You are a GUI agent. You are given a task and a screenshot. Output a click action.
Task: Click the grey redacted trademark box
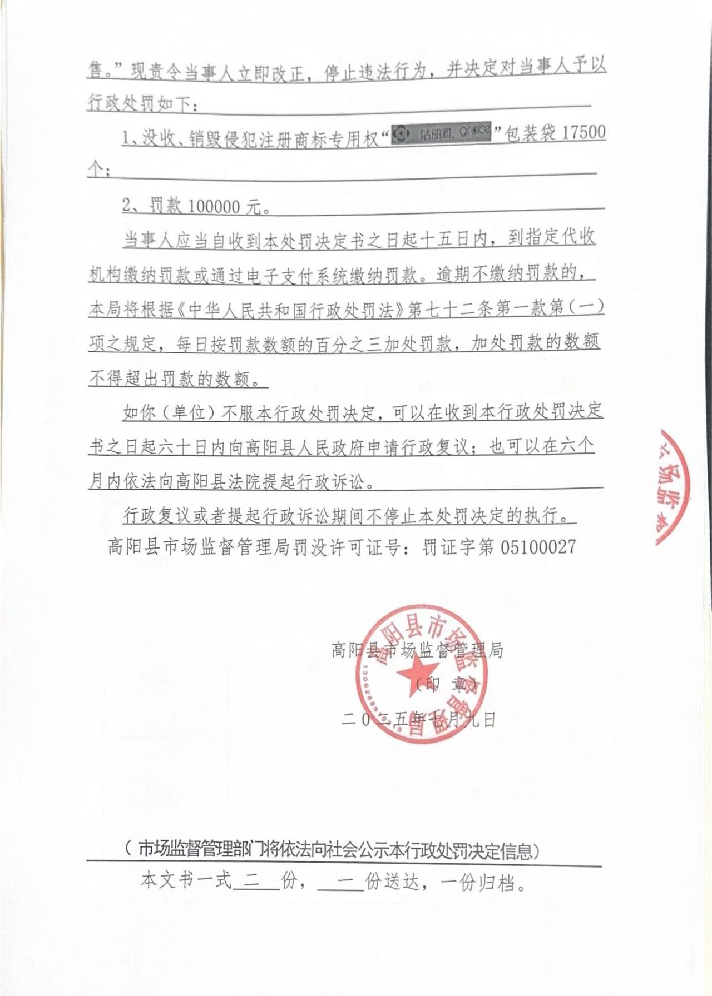click(441, 134)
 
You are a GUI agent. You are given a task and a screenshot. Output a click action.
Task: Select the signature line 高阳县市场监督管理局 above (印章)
click(417, 650)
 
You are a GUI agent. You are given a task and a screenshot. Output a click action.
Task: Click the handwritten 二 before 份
click(256, 882)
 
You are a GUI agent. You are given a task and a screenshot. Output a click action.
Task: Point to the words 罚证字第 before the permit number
click(457, 547)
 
